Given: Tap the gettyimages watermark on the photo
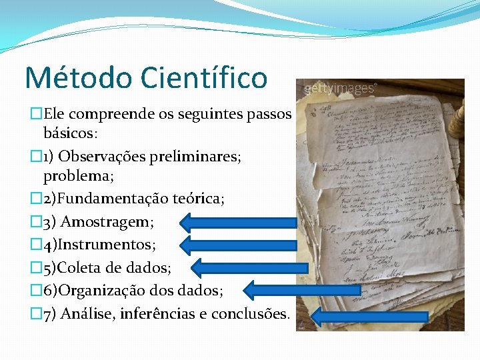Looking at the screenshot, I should (341, 88).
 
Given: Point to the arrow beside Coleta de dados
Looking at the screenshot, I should (250, 267).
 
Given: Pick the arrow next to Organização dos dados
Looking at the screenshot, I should (270, 290).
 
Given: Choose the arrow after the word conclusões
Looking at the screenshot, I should (370, 317).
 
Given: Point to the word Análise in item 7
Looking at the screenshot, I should (87, 313).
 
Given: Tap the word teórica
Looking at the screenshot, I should (197, 199).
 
